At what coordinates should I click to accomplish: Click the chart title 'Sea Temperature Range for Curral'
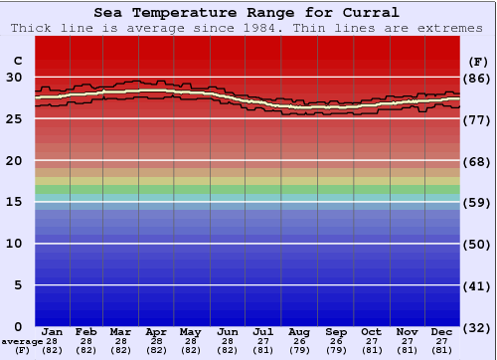(248, 13)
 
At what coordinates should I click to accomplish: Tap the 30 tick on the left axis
(14, 77)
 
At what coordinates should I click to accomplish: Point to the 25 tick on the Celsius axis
(14, 118)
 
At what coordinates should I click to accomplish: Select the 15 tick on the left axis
(14, 202)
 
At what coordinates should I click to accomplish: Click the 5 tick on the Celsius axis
(18, 285)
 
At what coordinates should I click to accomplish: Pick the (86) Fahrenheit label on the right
(477, 78)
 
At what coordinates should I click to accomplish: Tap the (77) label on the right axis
(477, 119)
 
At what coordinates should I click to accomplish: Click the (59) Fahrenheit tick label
(477, 203)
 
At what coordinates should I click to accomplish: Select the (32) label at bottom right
(477, 328)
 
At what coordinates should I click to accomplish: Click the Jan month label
(53, 331)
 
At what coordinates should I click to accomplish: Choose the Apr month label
(156, 331)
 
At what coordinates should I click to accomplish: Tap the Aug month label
(299, 331)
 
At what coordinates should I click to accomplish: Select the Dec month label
(442, 331)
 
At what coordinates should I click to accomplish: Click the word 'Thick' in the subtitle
(32, 28)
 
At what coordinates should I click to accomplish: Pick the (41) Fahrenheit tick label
(477, 286)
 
